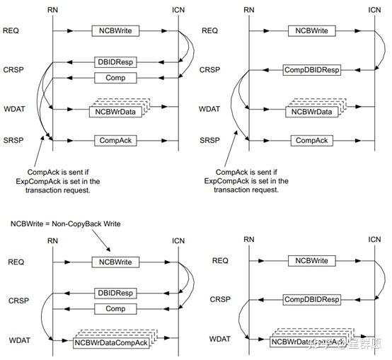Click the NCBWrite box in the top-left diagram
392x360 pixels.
click(x=115, y=32)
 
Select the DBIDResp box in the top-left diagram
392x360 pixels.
click(x=115, y=62)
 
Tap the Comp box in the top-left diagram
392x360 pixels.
click(x=115, y=78)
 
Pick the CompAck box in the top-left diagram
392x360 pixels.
click(x=115, y=141)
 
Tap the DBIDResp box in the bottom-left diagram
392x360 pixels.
click(x=115, y=293)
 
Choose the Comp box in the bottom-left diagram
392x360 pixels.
click(x=115, y=308)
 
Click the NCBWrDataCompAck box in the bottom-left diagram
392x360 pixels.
click(x=110, y=343)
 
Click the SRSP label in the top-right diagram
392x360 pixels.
click(x=212, y=141)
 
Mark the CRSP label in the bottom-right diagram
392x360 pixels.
click(x=221, y=300)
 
